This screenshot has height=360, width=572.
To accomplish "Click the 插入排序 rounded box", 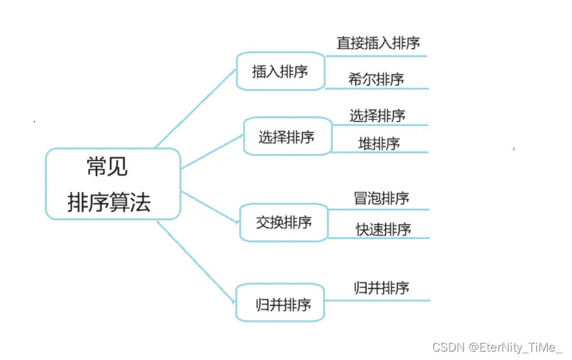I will coord(280,71).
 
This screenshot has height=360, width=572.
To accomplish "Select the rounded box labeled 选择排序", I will coord(287,137).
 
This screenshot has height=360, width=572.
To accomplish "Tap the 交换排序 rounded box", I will coord(284,222).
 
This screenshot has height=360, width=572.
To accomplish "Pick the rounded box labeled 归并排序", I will coord(279,303).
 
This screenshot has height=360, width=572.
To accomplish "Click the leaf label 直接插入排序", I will coord(378,43).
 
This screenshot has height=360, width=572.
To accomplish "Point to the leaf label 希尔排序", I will coord(376,79).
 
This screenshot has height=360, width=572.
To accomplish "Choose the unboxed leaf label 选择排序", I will coord(377,116).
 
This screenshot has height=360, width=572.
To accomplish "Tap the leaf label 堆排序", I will coord(379,144).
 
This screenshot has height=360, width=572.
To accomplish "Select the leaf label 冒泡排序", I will coord(382,198).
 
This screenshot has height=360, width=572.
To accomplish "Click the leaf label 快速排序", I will coord(383,229).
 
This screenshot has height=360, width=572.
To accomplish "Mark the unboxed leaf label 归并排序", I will coord(382,288).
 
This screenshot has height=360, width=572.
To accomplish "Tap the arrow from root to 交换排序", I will coord(210,207).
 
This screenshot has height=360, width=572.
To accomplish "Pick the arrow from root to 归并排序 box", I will coord(195,261).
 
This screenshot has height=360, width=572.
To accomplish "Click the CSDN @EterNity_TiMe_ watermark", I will coord(497,348).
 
